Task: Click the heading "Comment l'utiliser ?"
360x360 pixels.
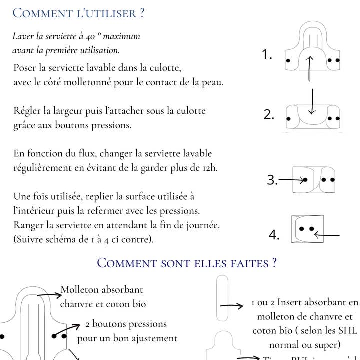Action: tap(78, 13)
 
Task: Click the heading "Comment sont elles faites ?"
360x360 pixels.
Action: tap(187, 263)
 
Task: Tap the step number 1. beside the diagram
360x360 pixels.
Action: tap(267, 55)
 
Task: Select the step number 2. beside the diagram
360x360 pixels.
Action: tap(269, 115)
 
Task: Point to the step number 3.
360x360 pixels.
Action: tap(272, 180)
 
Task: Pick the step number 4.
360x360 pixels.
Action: tap(274, 235)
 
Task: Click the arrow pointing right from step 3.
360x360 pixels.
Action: tap(292, 180)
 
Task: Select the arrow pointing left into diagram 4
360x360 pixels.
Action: tap(327, 235)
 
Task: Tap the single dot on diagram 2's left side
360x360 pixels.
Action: tap(288, 119)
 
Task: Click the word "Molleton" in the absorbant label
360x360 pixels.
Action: tap(80, 290)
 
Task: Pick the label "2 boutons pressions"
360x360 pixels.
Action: tap(126, 324)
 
